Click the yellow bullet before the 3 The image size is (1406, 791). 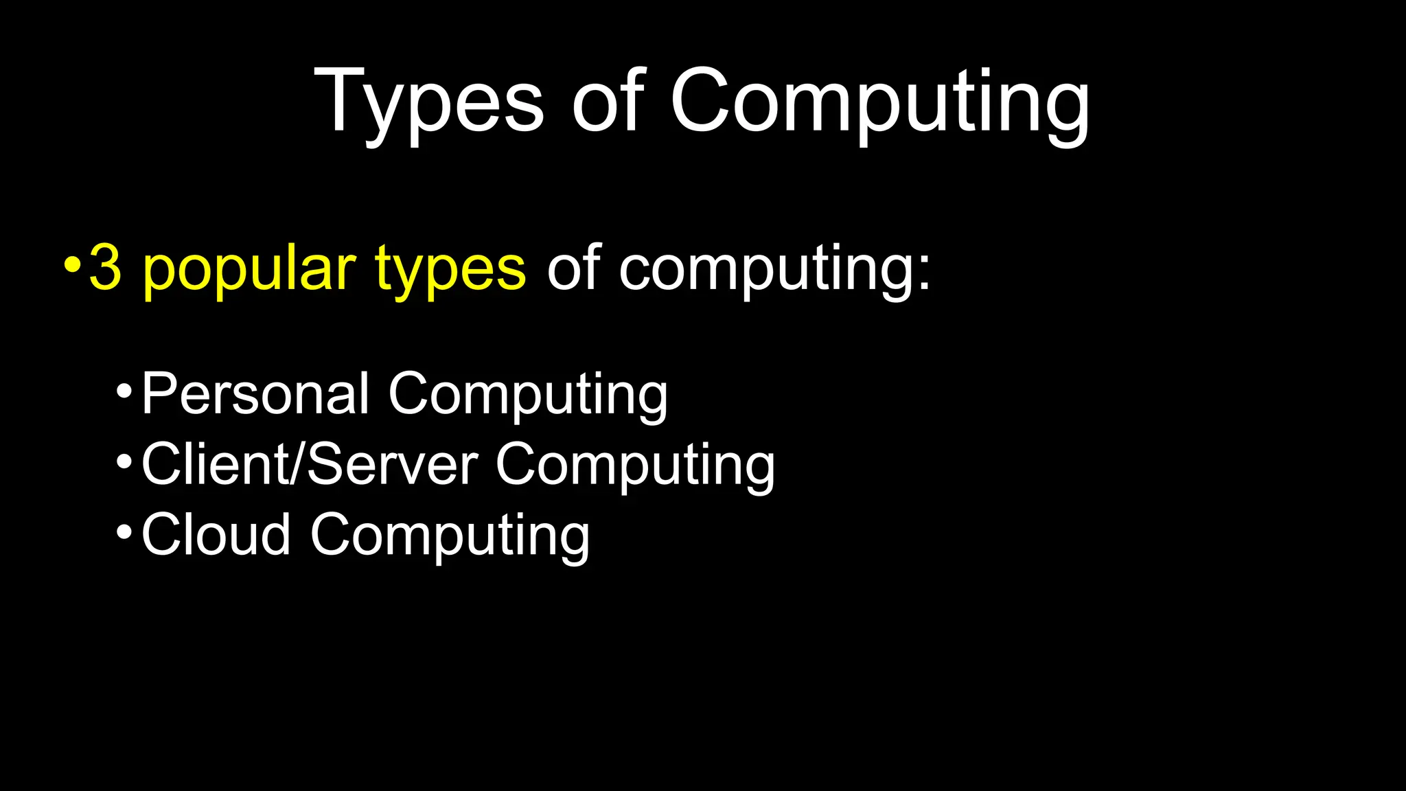[x=71, y=264]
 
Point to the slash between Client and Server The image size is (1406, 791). [x=297, y=465]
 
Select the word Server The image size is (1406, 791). [x=392, y=465]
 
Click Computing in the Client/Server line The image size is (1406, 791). [x=635, y=466]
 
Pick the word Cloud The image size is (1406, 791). [x=216, y=535]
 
